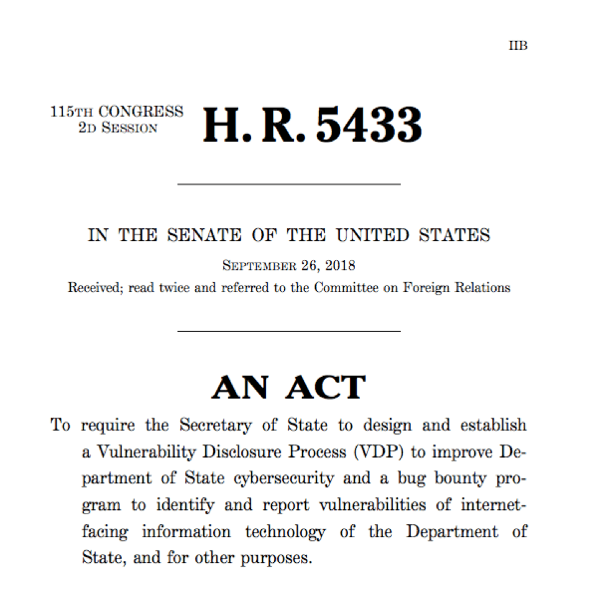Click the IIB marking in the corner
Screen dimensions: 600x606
coord(518,46)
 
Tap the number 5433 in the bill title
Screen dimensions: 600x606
coord(369,124)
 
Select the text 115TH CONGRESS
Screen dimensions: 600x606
coord(117,112)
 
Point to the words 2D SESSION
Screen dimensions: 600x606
coord(118,127)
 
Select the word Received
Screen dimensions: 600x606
coord(95,288)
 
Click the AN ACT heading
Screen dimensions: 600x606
coord(288,387)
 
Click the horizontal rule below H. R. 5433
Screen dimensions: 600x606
coord(289,184)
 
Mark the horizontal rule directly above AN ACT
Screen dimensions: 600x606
coord(289,331)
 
